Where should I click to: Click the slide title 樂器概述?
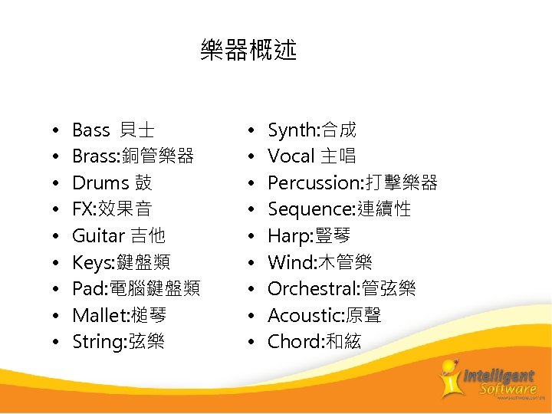[248, 51]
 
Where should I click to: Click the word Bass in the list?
[90, 130]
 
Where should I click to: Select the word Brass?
[93, 156]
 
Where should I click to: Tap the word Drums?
[100, 182]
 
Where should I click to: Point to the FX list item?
[112, 209]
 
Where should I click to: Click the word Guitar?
[97, 235]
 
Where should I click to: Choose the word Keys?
[92, 262]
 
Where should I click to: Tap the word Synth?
[291, 130]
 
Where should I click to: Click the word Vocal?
[291, 156]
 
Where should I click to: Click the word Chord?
[291, 341]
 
